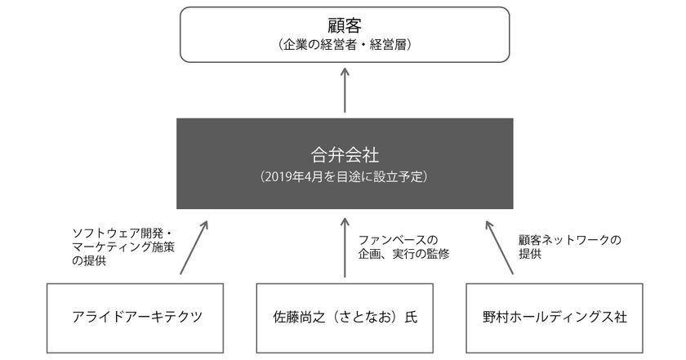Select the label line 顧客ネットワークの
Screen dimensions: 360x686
coord(570,240)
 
